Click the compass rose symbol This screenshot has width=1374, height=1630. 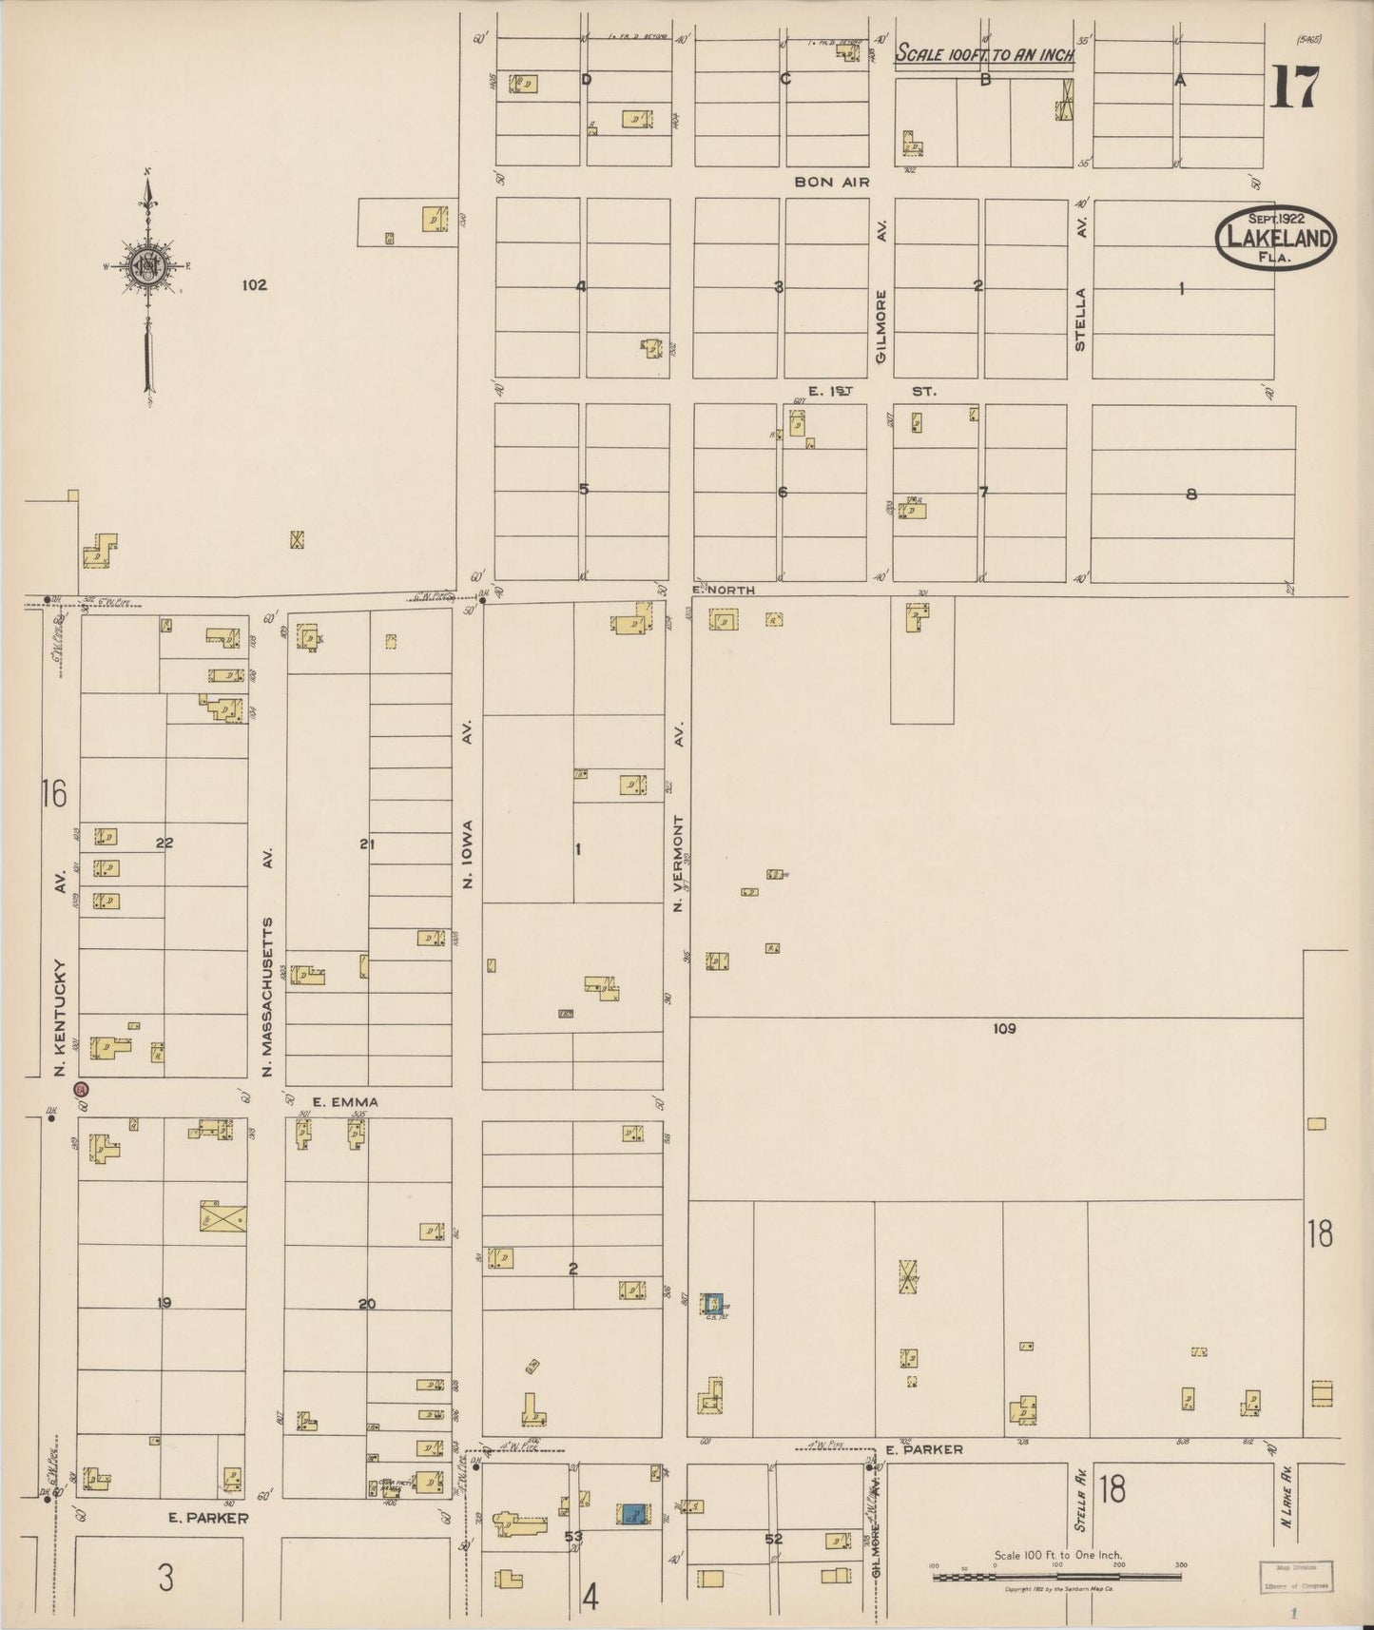coord(147,266)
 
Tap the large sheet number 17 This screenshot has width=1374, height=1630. coord(1294,88)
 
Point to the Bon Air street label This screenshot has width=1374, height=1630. coord(832,182)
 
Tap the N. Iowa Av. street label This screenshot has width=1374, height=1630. coord(468,808)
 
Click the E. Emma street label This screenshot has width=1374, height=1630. coord(345,1102)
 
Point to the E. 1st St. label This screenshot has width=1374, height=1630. coord(871,391)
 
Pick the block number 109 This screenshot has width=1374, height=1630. coord(1004,1028)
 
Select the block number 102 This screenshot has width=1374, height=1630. coord(254,284)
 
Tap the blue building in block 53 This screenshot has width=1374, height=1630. coord(634,1514)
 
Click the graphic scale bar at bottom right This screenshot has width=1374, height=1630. coord(1057,1577)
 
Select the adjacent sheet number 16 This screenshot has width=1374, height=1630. coord(54,792)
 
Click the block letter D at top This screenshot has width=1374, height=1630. coord(587,80)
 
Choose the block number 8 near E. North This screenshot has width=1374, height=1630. coord(1190,494)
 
